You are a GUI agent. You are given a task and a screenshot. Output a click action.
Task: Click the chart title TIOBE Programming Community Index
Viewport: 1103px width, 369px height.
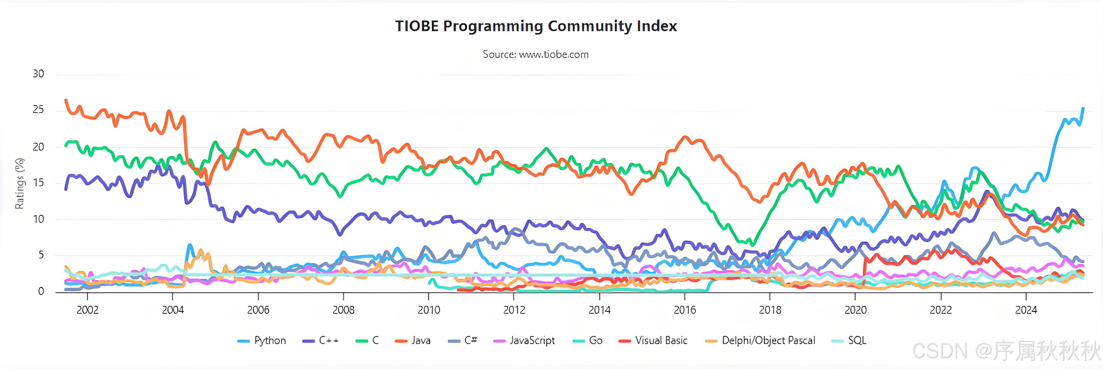(536, 26)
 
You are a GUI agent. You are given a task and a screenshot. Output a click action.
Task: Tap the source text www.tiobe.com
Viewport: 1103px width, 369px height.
(536, 54)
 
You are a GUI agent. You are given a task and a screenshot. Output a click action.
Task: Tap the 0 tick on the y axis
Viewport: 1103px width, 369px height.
(41, 291)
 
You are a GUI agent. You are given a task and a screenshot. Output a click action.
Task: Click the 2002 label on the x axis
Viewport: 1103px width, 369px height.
(87, 310)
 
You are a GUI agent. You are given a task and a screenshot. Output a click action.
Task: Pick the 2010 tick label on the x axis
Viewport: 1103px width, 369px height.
(429, 310)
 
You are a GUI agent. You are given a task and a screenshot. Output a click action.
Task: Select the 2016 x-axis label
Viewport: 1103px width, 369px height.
(685, 310)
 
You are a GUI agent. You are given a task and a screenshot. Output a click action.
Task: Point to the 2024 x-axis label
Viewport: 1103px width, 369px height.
(1026, 310)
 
